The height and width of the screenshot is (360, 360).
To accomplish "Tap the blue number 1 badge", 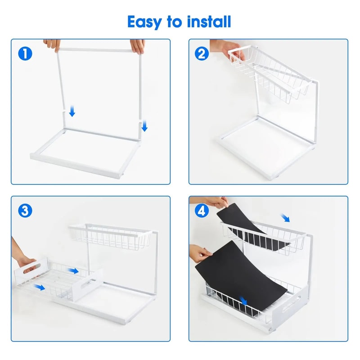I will point(26,54).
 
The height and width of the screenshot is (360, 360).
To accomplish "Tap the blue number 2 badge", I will point(202,54).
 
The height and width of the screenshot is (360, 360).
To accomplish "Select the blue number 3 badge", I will point(26,211).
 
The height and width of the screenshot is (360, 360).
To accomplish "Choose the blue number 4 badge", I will point(202,211).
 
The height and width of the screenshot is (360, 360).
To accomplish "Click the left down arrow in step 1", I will point(72,112).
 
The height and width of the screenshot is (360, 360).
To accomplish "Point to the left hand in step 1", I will point(52,44).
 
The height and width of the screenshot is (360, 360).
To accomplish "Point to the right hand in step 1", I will point(138,45).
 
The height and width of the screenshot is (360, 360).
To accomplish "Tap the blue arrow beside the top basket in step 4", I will point(285,218).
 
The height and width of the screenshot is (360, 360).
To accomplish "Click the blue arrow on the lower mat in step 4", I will point(243,300).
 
